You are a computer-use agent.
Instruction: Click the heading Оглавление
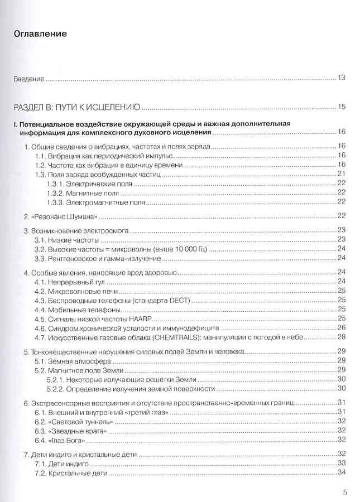(x=40, y=34)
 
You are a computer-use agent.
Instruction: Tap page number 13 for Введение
(x=342, y=78)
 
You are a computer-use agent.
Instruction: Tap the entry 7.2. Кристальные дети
(x=70, y=473)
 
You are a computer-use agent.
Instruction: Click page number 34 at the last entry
(x=342, y=473)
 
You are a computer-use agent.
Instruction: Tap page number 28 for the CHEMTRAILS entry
(x=342, y=337)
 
